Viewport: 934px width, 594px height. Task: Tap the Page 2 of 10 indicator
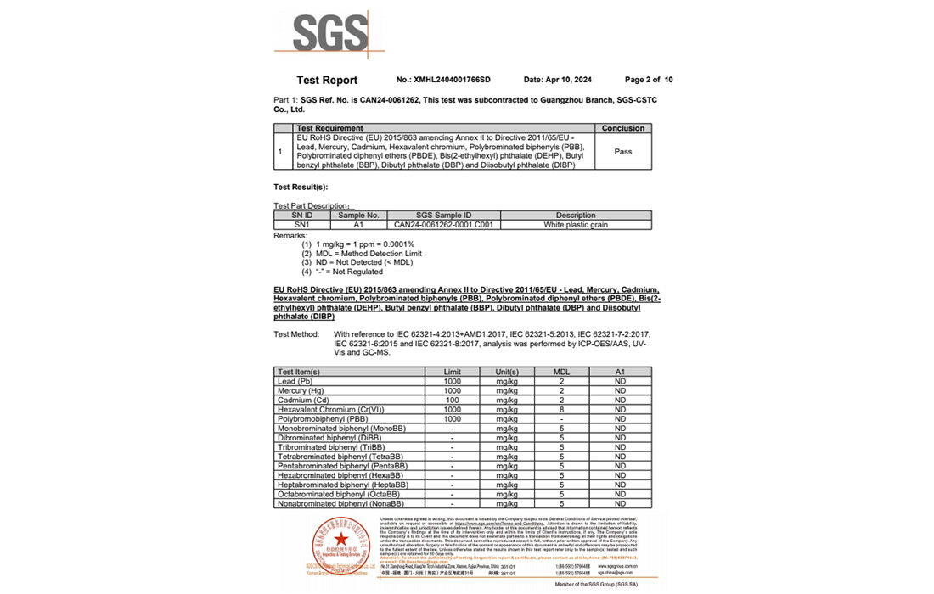point(649,80)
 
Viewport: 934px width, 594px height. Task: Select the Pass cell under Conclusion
point(623,152)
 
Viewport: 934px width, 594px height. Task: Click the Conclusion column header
point(623,128)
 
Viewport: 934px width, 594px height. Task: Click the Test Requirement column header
point(328,128)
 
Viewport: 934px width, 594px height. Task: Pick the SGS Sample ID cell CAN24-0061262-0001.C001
point(444,225)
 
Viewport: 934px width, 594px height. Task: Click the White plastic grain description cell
point(576,225)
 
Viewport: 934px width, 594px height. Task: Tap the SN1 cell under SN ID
point(302,225)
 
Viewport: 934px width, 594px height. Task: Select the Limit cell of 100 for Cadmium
point(453,400)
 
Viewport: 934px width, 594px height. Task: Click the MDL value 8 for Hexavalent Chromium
point(561,409)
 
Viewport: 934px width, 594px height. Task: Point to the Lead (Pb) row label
point(295,381)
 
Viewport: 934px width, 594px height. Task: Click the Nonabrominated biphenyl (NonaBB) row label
point(340,503)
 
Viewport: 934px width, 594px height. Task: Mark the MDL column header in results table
point(561,372)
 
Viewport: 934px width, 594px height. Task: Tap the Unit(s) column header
point(507,372)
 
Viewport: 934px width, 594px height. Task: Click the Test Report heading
point(327,81)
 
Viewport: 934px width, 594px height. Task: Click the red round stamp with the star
point(340,543)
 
